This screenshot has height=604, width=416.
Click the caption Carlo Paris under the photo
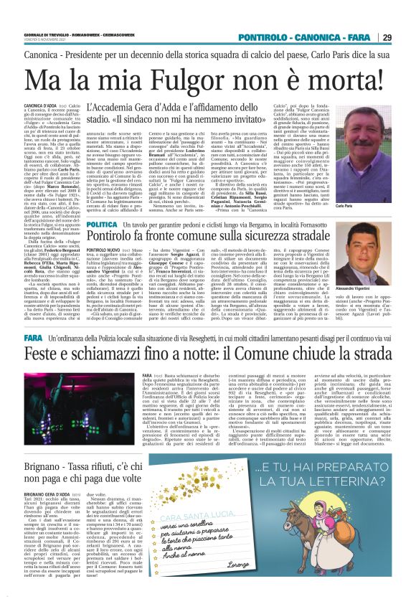[x=383, y=207]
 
